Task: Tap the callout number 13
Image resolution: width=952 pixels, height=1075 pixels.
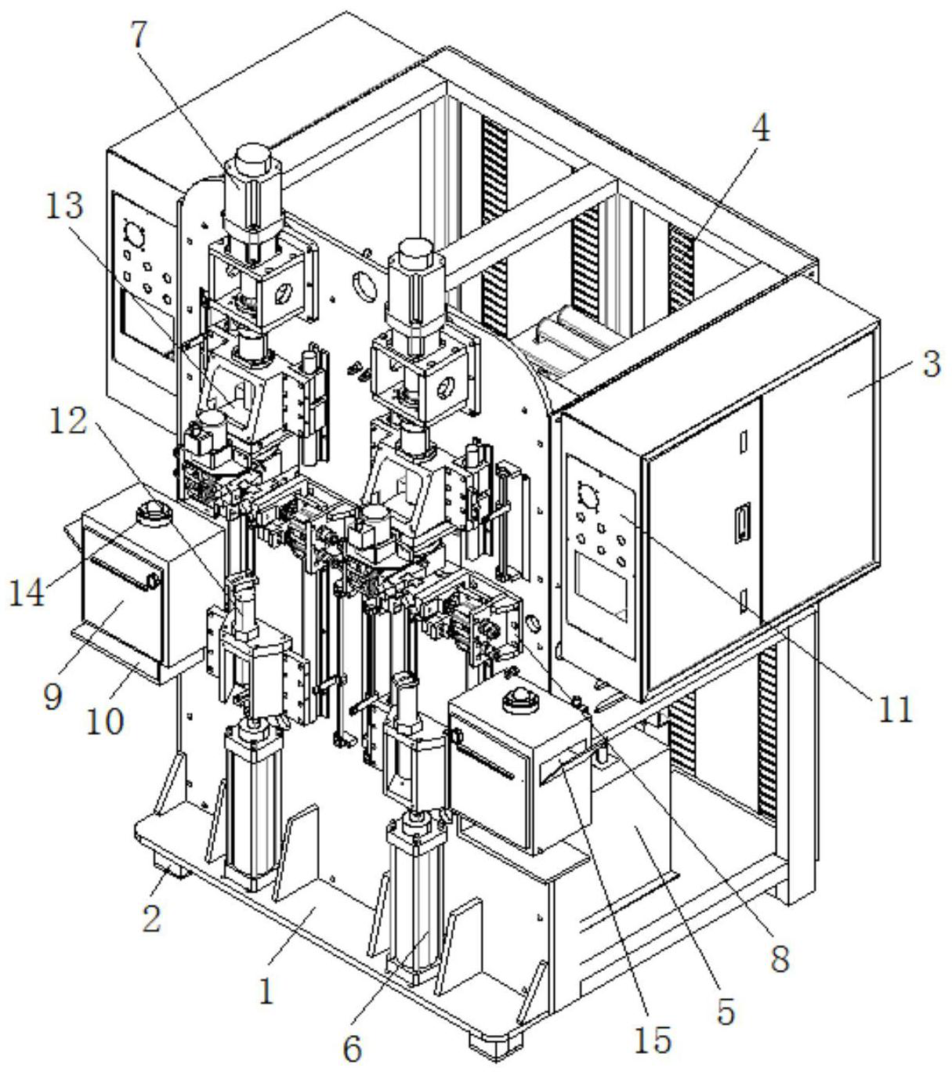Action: click(64, 208)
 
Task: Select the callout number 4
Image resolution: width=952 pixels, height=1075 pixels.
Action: click(757, 128)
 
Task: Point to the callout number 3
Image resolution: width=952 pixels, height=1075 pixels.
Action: click(930, 364)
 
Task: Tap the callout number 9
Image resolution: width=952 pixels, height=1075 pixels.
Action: click(52, 696)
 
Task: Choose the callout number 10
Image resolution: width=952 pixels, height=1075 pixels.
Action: click(106, 719)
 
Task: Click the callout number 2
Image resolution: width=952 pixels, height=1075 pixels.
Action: click(151, 915)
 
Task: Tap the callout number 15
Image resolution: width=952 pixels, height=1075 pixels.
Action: click(654, 1038)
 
